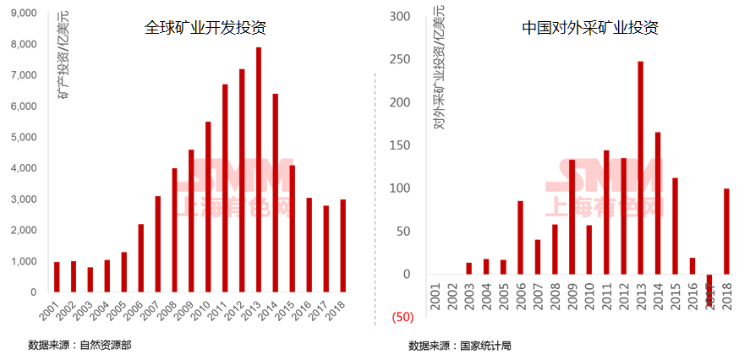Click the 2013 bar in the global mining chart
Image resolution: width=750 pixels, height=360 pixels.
pos(258,169)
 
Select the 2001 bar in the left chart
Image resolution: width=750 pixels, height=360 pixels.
pos(57,276)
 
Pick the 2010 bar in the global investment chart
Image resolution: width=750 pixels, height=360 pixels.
pos(208,207)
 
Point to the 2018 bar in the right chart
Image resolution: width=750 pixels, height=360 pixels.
pos(726,232)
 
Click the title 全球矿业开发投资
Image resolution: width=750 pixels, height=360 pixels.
pos(205,28)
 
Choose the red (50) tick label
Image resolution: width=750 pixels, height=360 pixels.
pos(402,317)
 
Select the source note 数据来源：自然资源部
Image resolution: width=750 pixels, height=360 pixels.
pos(79,345)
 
